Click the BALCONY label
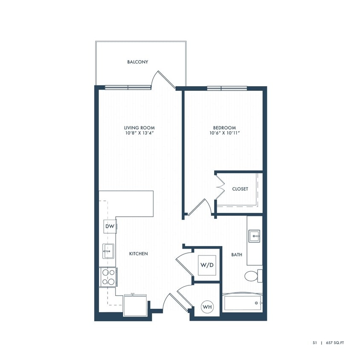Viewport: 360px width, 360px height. coord(138,62)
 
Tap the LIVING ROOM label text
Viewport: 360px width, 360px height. coord(139,128)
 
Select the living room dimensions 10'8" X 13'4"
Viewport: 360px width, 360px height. coord(139,133)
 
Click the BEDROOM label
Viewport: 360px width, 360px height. coord(225,128)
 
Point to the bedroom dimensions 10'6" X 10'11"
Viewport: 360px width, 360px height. coord(225,133)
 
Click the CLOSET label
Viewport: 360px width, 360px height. coord(240,189)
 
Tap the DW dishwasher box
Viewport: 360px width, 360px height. coord(110,226)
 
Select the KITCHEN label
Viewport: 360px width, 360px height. coord(139,254)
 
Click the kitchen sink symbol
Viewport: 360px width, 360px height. coord(107,252)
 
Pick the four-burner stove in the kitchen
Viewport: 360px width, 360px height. coord(107,276)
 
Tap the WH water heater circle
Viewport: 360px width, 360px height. coord(207,307)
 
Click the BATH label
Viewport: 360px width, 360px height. coord(237,255)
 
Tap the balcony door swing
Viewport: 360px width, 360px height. coord(165,79)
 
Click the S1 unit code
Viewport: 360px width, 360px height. coord(314,342)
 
